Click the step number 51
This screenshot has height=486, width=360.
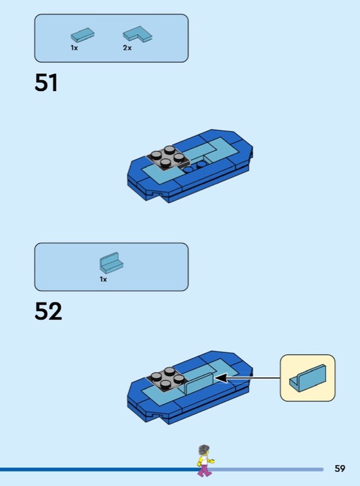click(x=46, y=83)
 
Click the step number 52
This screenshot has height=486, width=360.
click(x=49, y=311)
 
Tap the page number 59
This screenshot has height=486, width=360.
click(x=340, y=468)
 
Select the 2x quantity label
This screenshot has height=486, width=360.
click(x=127, y=48)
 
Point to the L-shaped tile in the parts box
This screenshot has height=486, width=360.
click(x=138, y=34)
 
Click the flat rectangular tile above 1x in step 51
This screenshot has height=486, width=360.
click(x=83, y=35)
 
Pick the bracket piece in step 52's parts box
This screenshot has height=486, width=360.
click(x=111, y=262)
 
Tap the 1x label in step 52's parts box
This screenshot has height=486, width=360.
click(x=103, y=279)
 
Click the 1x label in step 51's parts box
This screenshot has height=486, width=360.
click(x=74, y=48)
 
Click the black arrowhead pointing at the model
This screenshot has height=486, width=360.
click(x=221, y=378)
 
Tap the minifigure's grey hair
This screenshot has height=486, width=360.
click(x=204, y=450)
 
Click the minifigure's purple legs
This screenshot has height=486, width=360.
click(x=205, y=469)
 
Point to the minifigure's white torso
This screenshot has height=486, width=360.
click(x=205, y=460)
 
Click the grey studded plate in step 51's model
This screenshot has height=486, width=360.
click(x=168, y=157)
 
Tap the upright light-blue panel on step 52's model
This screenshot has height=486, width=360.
click(x=199, y=383)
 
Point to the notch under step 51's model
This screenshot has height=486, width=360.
click(x=156, y=194)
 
